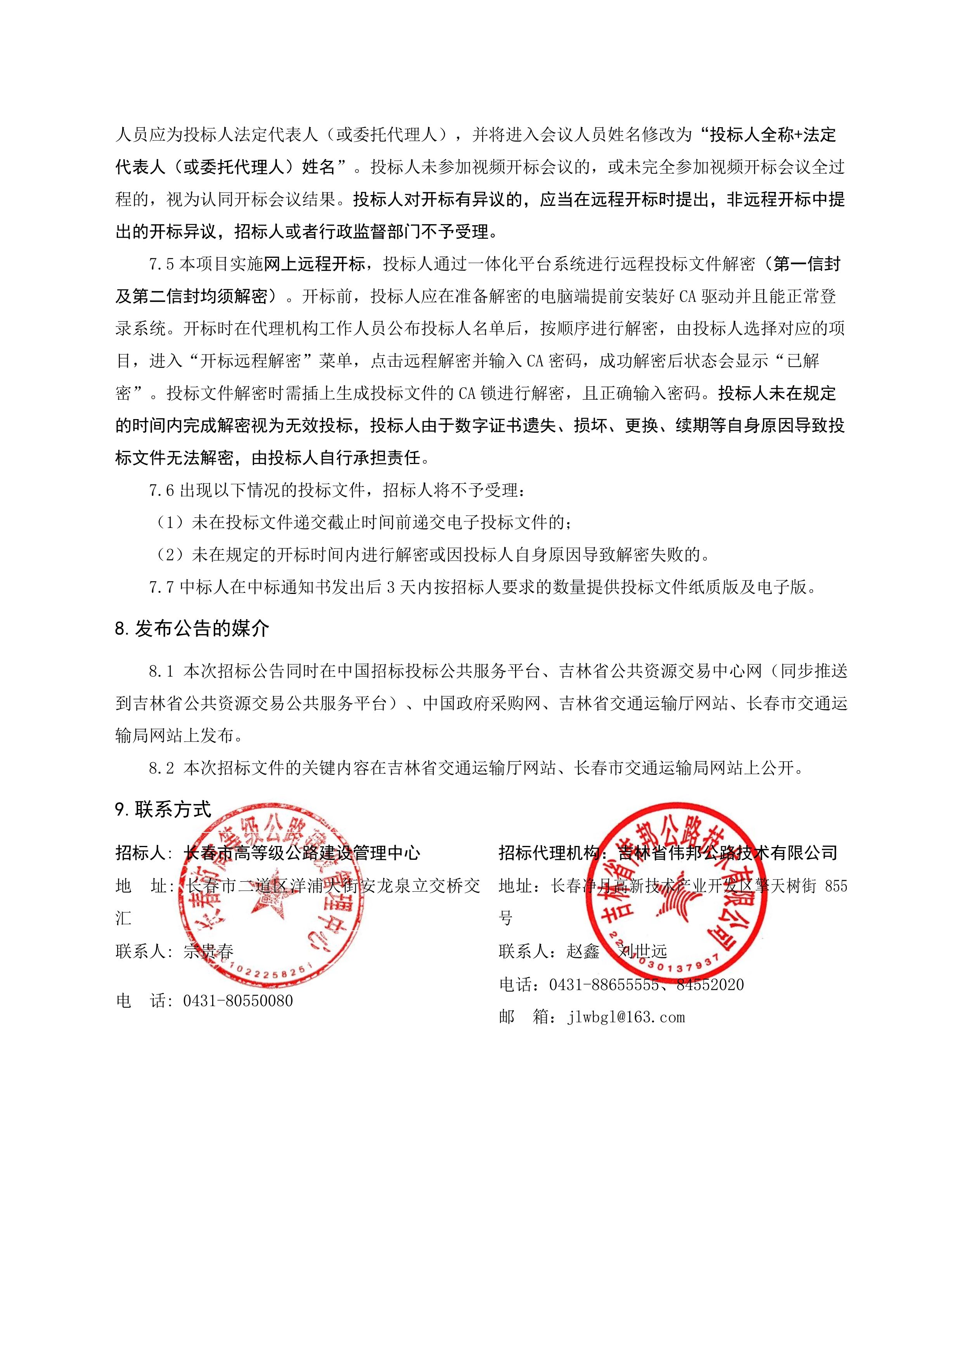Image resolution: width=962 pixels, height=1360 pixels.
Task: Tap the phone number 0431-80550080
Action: coord(238,1001)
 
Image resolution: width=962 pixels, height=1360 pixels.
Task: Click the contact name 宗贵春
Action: coord(209,952)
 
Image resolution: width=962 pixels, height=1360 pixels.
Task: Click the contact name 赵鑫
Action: coord(583,952)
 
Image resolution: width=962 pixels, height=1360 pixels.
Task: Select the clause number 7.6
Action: coord(161,490)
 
